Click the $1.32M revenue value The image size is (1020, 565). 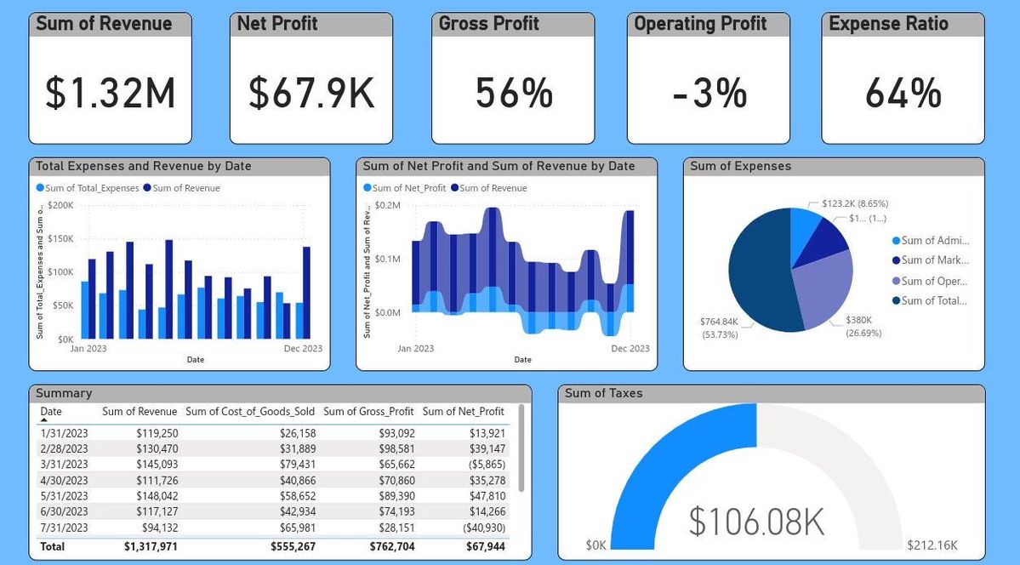click(x=110, y=93)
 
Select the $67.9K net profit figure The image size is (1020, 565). click(x=311, y=93)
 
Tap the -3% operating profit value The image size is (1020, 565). click(x=709, y=93)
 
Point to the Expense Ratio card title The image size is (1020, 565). click(x=888, y=24)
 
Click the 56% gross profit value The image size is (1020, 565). click(x=514, y=93)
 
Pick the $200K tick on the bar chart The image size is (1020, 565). click(x=60, y=205)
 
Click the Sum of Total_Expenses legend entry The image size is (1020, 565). click(x=88, y=188)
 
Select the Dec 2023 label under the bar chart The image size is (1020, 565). click(x=302, y=348)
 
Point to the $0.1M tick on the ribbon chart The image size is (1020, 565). click(x=388, y=259)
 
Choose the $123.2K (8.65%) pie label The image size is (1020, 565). click(x=854, y=204)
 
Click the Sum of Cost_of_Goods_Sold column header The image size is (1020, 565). click(x=250, y=412)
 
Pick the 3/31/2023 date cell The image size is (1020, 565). click(x=64, y=465)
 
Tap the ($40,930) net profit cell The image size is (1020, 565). click(x=484, y=528)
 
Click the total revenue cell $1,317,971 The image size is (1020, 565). click(x=151, y=546)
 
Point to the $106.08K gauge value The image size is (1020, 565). click(x=755, y=522)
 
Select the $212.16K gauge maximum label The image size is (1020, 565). click(x=932, y=545)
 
